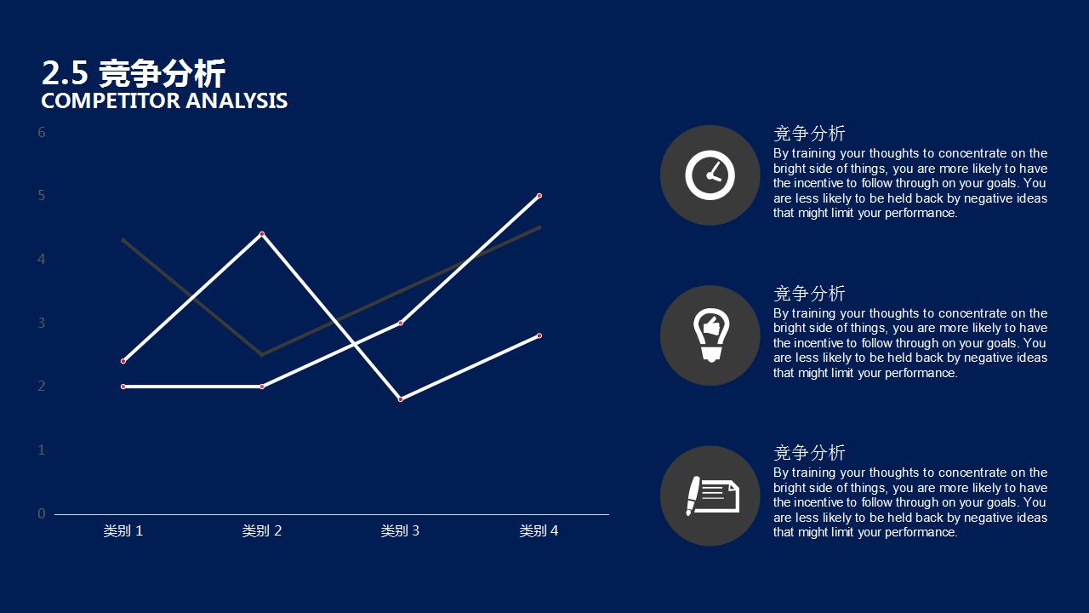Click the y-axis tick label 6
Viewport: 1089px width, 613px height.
[42, 132]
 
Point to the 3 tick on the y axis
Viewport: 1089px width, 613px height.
[42, 323]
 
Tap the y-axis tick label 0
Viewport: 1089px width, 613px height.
[42, 513]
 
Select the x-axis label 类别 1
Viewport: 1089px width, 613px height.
[123, 530]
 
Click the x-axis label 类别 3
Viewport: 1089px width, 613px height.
[400, 530]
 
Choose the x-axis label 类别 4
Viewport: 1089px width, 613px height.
[539, 530]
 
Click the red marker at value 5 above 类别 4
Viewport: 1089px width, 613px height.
[539, 196]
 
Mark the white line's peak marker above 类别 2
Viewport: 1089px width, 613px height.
[262, 234]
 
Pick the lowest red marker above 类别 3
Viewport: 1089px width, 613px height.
[401, 399]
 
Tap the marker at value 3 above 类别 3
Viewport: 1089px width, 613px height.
[401, 323]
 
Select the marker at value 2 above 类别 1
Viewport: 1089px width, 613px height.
[123, 387]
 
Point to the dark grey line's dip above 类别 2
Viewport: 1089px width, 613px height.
[262, 355]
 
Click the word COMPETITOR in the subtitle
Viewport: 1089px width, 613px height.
[111, 101]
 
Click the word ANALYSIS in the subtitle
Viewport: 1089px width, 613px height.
[237, 101]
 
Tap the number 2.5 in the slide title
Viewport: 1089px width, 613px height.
[66, 73]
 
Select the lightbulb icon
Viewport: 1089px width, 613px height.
[710, 335]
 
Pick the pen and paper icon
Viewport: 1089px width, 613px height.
[713, 496]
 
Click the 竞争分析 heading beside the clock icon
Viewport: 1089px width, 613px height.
[809, 134]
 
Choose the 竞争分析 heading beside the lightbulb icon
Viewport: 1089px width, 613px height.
[809, 294]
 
